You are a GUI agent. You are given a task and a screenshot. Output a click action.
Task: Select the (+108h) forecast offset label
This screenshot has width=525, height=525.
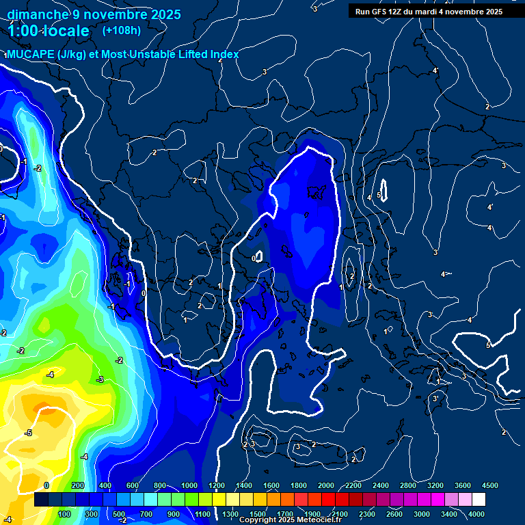(122, 30)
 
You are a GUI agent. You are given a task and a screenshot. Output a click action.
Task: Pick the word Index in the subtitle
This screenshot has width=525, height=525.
(224, 55)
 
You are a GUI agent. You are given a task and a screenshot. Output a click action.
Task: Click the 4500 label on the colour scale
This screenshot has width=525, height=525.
(490, 485)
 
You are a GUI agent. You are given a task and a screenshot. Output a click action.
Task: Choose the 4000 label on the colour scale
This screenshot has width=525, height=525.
(476, 514)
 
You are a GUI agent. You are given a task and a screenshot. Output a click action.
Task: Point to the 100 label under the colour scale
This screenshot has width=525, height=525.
(64, 514)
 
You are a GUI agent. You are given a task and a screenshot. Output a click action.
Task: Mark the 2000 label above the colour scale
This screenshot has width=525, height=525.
(326, 485)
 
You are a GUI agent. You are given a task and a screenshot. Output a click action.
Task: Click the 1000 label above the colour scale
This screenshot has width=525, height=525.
(189, 485)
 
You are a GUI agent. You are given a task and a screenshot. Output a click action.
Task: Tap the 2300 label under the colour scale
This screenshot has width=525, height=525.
(367, 514)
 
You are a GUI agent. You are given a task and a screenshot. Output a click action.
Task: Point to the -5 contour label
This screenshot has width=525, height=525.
(28, 433)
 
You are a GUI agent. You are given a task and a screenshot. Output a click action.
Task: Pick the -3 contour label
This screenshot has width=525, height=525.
(100, 379)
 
